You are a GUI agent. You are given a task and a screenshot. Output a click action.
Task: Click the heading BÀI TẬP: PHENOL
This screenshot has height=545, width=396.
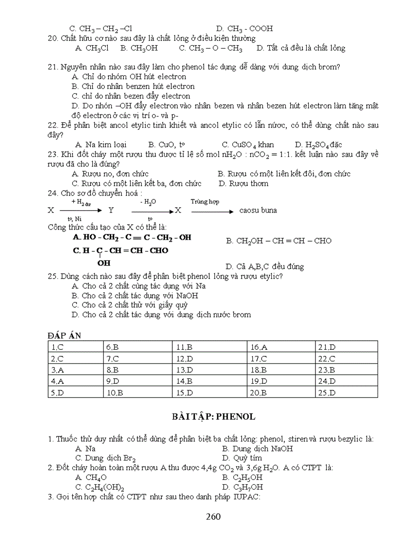[x=213, y=416]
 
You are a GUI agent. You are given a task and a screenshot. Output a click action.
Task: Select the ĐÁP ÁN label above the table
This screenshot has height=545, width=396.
[x=65, y=336]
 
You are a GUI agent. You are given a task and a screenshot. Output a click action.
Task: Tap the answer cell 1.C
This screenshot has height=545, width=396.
[x=57, y=347]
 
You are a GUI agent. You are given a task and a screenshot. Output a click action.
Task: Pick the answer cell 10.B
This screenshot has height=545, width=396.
[x=115, y=393]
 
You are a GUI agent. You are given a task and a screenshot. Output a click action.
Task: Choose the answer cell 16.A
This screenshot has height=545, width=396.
[x=259, y=347]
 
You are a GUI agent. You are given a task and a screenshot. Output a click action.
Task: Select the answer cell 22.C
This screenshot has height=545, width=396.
[x=326, y=359]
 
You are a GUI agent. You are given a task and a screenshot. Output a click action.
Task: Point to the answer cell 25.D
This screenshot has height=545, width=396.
[x=327, y=393]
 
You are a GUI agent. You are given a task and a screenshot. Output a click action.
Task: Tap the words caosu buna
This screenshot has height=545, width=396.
[x=258, y=211]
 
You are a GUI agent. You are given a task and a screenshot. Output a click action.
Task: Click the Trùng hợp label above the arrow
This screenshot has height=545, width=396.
[x=204, y=201]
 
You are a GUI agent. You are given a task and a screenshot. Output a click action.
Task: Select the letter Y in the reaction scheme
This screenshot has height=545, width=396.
[x=111, y=211]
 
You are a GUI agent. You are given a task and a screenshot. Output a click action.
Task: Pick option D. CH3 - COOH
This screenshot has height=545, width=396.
[x=244, y=29]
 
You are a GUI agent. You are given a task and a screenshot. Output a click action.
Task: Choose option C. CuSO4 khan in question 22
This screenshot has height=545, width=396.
[x=247, y=145]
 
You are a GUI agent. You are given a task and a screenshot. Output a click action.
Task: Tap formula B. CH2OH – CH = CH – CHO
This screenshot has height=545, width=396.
[x=279, y=241]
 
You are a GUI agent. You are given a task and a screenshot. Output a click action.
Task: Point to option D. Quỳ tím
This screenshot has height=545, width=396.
[x=242, y=458]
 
